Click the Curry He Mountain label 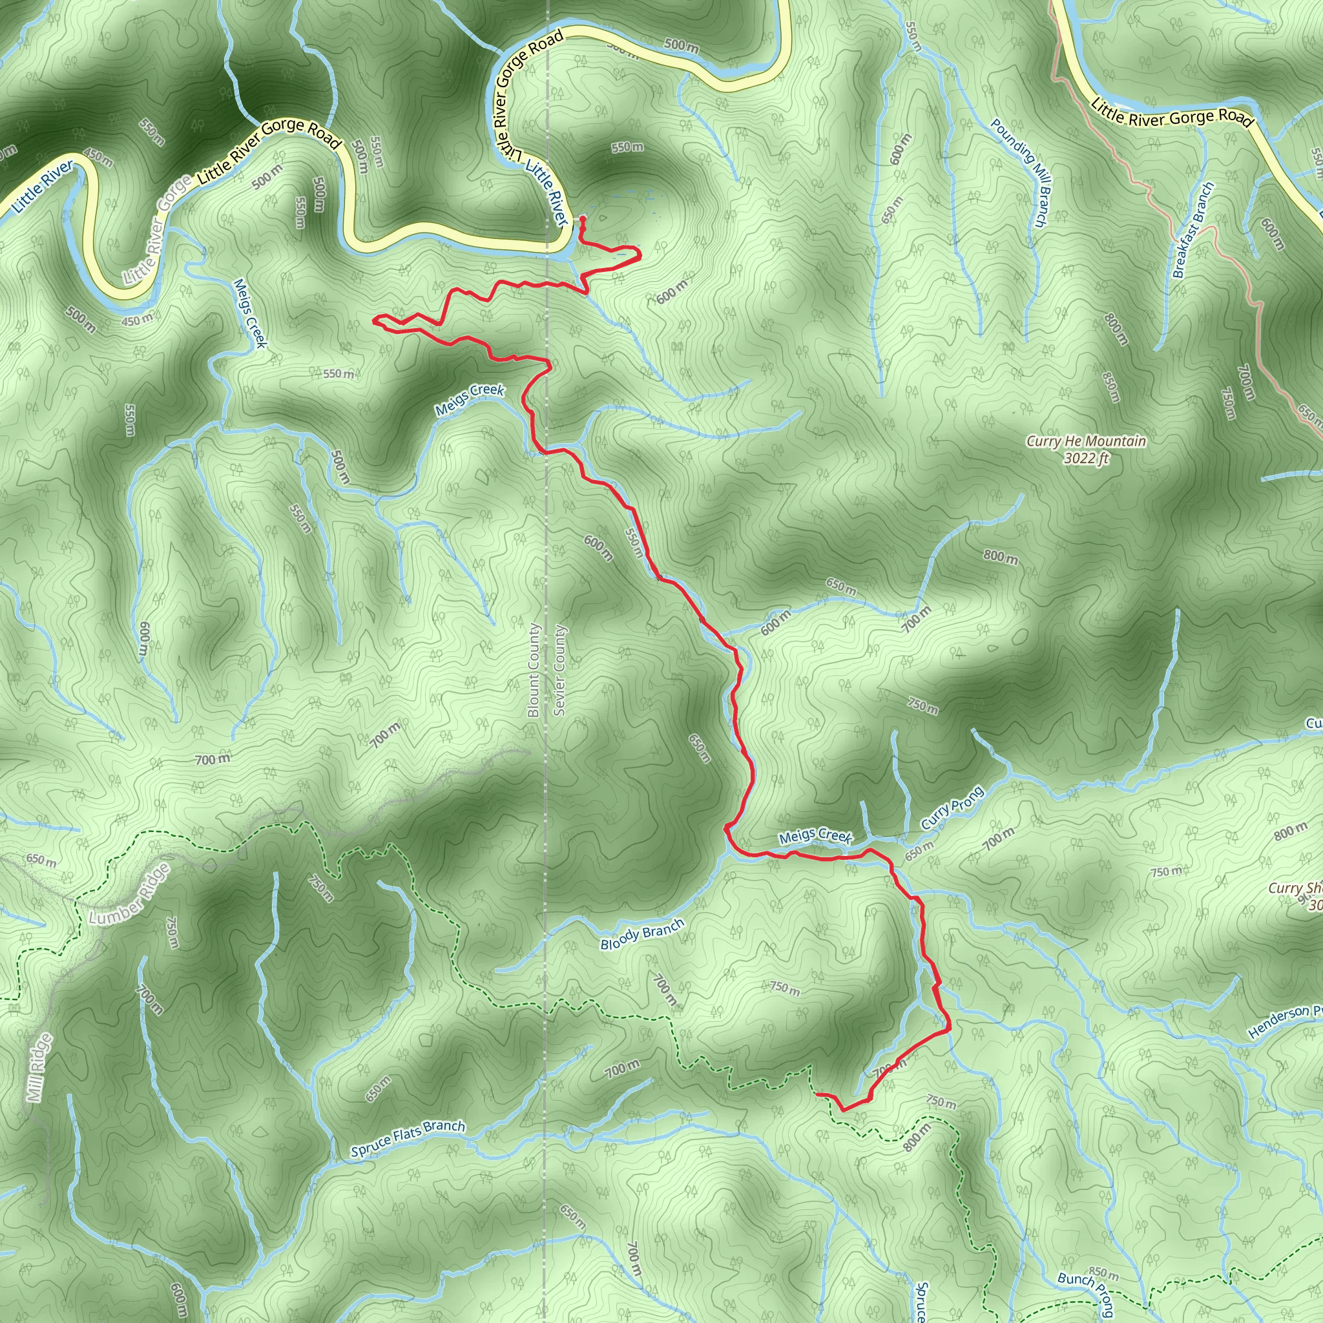1086,442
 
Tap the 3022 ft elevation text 1086,459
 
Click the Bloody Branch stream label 641,934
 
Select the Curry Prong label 952,808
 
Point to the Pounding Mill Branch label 1019,172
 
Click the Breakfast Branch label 1194,230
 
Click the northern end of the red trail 582,218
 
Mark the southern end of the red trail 817,1094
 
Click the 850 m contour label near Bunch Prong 1103,1274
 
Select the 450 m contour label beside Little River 138,318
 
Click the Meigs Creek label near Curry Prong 815,835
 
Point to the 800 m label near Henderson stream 1290,831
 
